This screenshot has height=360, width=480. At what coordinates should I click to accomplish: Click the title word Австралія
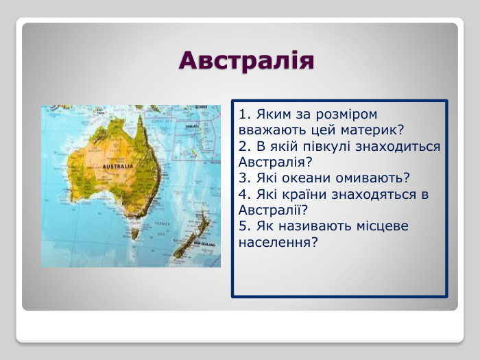246,60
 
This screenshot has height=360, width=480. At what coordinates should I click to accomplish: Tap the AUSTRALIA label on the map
117,167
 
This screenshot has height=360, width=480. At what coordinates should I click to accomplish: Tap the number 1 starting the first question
244,114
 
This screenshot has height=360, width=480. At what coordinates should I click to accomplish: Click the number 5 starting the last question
244,226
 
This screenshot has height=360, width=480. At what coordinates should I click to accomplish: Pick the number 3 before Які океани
244,178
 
